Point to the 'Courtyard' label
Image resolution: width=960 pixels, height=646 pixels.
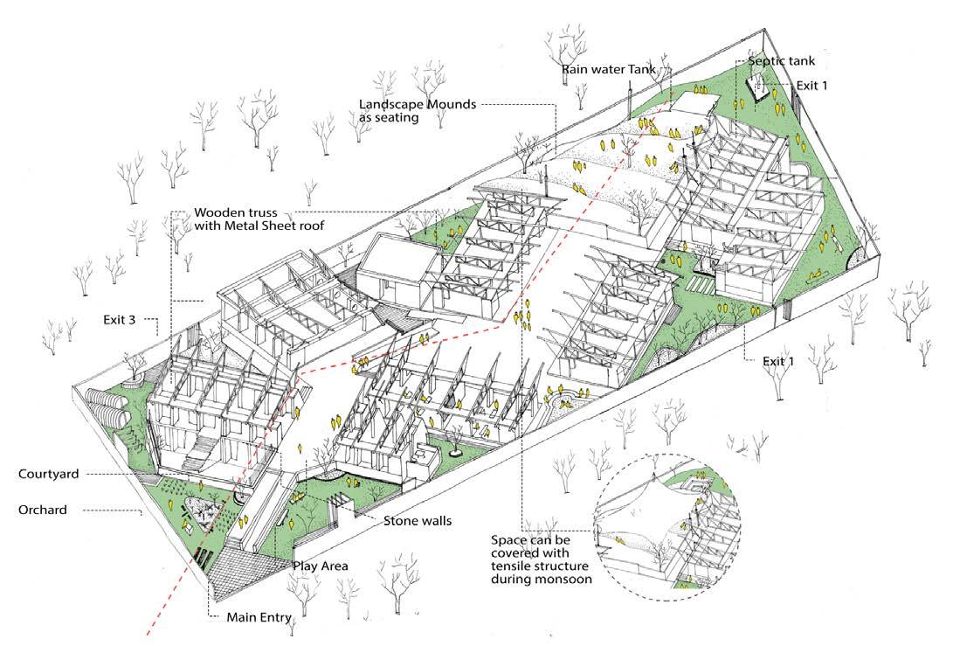(x=48, y=474)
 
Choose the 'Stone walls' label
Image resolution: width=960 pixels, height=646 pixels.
(x=417, y=521)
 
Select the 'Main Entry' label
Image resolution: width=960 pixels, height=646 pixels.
(x=259, y=615)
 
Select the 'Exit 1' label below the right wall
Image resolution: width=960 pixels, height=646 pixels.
(x=763, y=359)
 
